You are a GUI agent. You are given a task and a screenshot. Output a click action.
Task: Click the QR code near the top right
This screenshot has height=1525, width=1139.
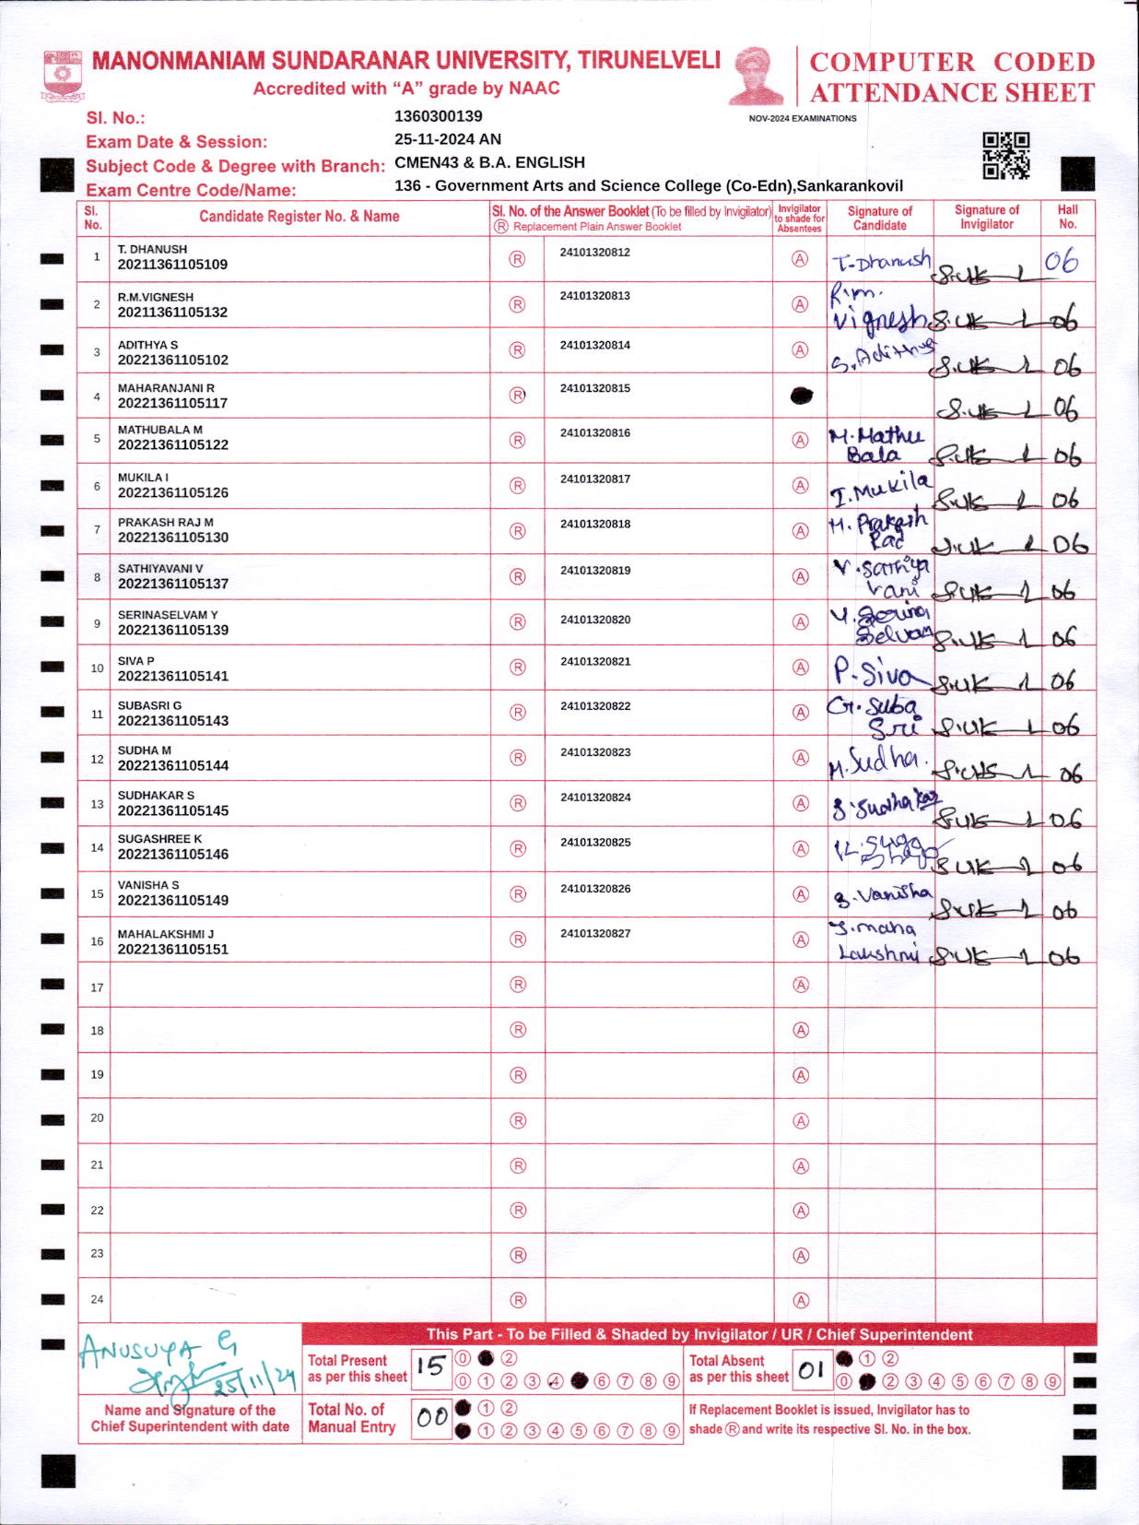tap(1005, 155)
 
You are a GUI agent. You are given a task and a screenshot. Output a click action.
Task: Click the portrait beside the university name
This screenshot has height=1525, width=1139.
tap(756, 77)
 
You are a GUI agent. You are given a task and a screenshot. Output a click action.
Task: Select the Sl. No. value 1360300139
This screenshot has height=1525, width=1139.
tap(438, 116)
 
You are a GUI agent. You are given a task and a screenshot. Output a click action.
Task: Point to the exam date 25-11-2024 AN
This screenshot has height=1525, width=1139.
tap(448, 139)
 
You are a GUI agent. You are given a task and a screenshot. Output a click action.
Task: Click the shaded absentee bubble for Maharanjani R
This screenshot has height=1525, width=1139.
tap(802, 396)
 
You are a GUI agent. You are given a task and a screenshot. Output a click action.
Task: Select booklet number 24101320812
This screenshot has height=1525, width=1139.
tap(595, 253)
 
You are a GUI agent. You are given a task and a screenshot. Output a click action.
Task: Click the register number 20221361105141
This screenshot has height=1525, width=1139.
tap(173, 676)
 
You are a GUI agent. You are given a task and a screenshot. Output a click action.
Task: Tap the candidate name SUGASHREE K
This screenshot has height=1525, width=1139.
tap(159, 839)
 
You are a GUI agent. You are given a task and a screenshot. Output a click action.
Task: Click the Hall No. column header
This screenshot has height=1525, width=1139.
tap(1068, 217)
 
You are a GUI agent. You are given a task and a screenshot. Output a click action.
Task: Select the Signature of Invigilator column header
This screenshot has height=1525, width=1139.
tap(987, 217)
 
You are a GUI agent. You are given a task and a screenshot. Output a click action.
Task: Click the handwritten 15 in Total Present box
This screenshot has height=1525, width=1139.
tap(430, 1367)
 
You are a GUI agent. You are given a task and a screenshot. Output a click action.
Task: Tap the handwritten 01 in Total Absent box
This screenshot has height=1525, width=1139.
tap(811, 1371)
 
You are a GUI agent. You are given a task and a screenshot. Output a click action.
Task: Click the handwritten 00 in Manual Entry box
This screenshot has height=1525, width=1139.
tap(431, 1418)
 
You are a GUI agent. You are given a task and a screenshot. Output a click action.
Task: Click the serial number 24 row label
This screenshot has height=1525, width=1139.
tap(97, 1299)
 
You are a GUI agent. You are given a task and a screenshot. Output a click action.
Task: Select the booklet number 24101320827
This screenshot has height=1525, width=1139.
tap(595, 934)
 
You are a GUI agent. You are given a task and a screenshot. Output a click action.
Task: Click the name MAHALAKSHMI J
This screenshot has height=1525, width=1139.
tap(166, 934)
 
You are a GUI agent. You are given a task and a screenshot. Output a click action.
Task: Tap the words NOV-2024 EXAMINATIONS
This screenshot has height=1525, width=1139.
tap(803, 119)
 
